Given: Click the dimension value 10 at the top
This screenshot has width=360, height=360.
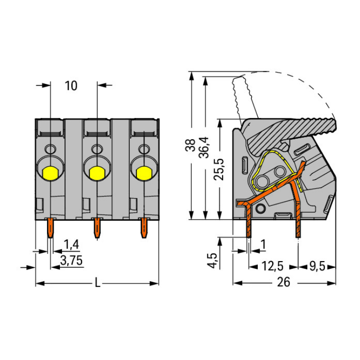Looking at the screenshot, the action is pyautogui.click(x=71, y=85).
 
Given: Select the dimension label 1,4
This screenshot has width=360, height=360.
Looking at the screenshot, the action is pyautogui.click(x=71, y=244).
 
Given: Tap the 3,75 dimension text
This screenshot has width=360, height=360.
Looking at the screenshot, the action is pyautogui.click(x=71, y=260).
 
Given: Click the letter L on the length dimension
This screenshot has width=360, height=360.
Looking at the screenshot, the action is pyautogui.click(x=97, y=283).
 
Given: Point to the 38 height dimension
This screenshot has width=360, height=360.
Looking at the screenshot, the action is pyautogui.click(x=191, y=145).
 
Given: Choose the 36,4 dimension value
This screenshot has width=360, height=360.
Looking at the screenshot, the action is pyautogui.click(x=204, y=147).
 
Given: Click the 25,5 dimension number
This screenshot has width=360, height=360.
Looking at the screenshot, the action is pyautogui.click(x=218, y=169).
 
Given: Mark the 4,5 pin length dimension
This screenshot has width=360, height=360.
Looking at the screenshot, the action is pyautogui.click(x=213, y=261).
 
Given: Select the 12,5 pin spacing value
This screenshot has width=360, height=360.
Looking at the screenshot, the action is pyautogui.click(x=273, y=266).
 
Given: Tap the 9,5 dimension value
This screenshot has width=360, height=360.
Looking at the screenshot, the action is pyautogui.click(x=317, y=266).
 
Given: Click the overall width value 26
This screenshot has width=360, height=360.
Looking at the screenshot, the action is pyautogui.click(x=284, y=282).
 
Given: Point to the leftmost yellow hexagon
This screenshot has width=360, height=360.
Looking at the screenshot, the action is pyautogui.click(x=50, y=173).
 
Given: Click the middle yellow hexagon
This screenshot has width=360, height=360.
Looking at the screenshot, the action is pyautogui.click(x=96, y=173).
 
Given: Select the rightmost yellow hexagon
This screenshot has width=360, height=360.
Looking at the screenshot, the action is pyautogui.click(x=144, y=173).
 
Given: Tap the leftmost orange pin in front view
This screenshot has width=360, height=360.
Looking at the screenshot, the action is pyautogui.click(x=50, y=228).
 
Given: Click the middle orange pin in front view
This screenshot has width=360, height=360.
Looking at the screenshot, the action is pyautogui.click(x=97, y=228).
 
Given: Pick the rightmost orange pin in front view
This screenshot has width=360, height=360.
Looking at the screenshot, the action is pyautogui.click(x=144, y=228).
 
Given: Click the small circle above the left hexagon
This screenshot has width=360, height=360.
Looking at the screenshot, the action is pyautogui.click(x=50, y=149).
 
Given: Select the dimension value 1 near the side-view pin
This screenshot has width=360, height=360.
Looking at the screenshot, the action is pyautogui.click(x=263, y=244).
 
